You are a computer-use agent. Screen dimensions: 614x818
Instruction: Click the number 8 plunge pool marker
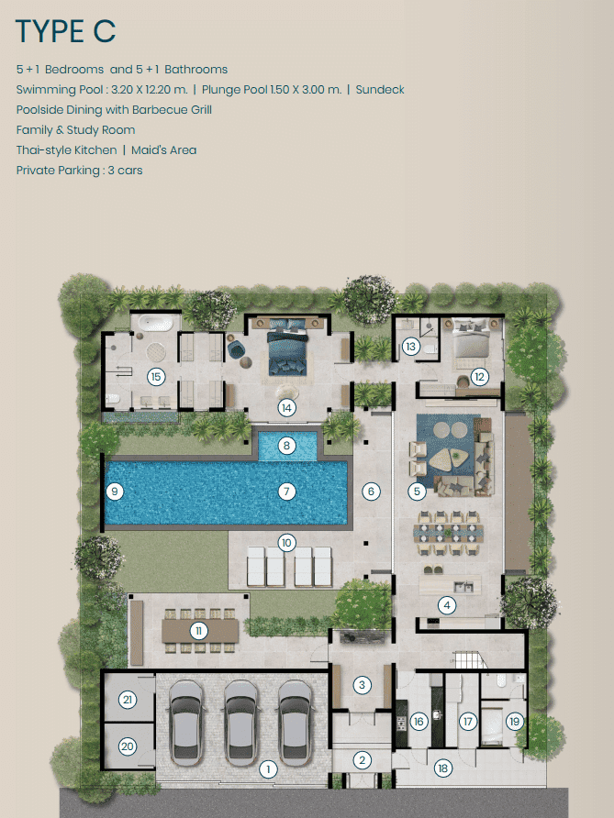[x=286, y=446]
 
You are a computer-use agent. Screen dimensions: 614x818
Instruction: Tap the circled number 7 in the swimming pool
[x=286, y=491]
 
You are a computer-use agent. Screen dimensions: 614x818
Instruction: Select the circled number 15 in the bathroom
[x=156, y=376]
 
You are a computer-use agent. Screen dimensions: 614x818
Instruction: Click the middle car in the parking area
[x=240, y=722]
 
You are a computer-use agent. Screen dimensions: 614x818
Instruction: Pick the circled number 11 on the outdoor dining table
[x=198, y=631]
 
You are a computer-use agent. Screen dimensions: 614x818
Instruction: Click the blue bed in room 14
[x=286, y=347]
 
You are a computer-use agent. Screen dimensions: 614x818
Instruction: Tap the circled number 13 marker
[x=411, y=346]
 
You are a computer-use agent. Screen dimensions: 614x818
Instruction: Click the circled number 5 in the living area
[x=417, y=491]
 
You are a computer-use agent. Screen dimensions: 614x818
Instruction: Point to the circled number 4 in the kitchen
[x=446, y=605]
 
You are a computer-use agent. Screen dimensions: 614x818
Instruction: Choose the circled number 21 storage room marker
[x=128, y=700]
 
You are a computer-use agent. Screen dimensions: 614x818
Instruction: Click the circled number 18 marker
[x=442, y=768]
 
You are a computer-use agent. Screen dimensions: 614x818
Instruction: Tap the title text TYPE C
[x=66, y=31]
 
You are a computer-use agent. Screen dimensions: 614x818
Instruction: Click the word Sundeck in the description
[x=380, y=90]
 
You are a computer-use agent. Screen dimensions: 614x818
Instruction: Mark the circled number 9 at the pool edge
[x=115, y=491]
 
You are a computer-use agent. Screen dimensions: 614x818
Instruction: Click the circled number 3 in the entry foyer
[x=362, y=684]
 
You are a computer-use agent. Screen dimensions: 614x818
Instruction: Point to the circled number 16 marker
[x=419, y=722]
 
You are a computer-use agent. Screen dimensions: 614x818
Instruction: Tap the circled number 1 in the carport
[x=268, y=768]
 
